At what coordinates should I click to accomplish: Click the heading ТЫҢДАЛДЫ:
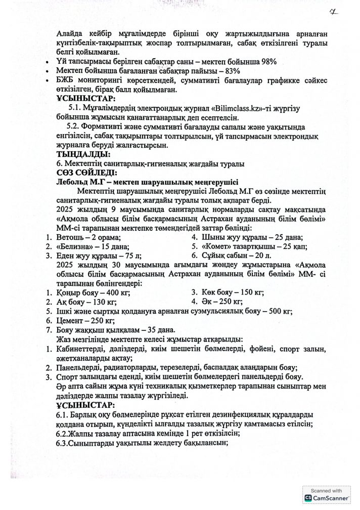[x=83, y=154]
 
